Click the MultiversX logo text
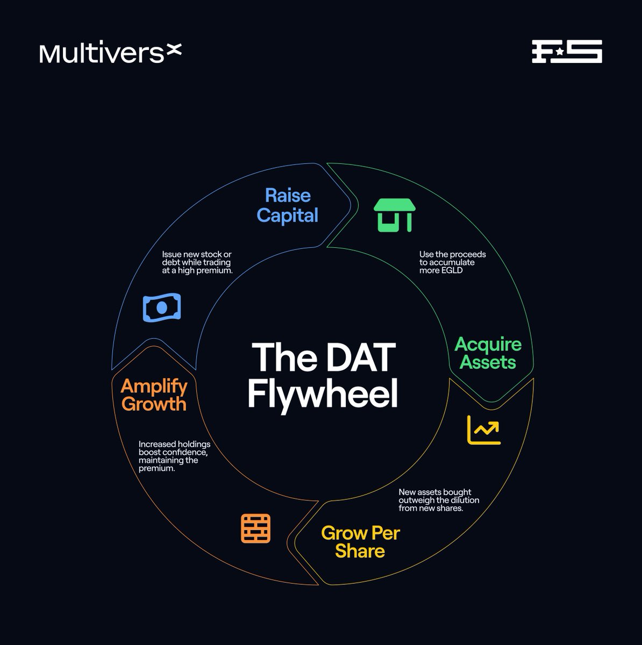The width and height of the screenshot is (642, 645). pyautogui.click(x=110, y=53)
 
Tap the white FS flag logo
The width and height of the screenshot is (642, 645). pyautogui.click(x=567, y=52)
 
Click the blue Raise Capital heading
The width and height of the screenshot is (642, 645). pyautogui.click(x=288, y=205)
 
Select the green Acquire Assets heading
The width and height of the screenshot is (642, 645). pyautogui.click(x=488, y=353)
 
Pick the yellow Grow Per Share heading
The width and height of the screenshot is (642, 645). pyautogui.click(x=360, y=542)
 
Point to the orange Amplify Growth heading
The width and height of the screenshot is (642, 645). pyautogui.click(x=154, y=395)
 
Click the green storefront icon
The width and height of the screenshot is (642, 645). pyautogui.click(x=395, y=215)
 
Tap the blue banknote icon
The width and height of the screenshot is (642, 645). pyautogui.click(x=162, y=307)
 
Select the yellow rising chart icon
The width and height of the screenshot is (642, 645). pyautogui.click(x=484, y=430)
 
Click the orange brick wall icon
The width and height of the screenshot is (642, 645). pyautogui.click(x=255, y=528)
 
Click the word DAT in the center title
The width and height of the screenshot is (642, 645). pyautogui.click(x=361, y=358)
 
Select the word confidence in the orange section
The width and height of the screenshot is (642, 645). pyautogui.click(x=184, y=453)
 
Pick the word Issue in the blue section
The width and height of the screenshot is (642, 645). pyautogui.click(x=172, y=254)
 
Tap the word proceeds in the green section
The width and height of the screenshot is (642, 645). pyautogui.click(x=468, y=254)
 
